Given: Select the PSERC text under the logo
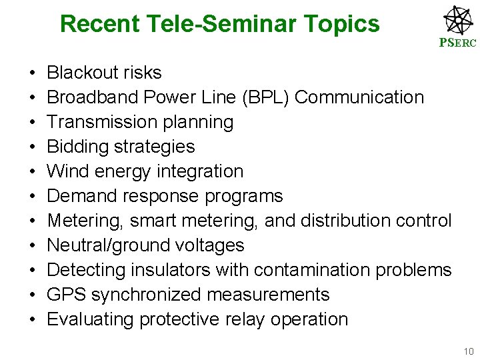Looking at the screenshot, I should (457, 43).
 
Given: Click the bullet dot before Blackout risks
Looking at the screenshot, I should (32, 73).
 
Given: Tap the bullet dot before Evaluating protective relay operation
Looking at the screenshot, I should (32, 320).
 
